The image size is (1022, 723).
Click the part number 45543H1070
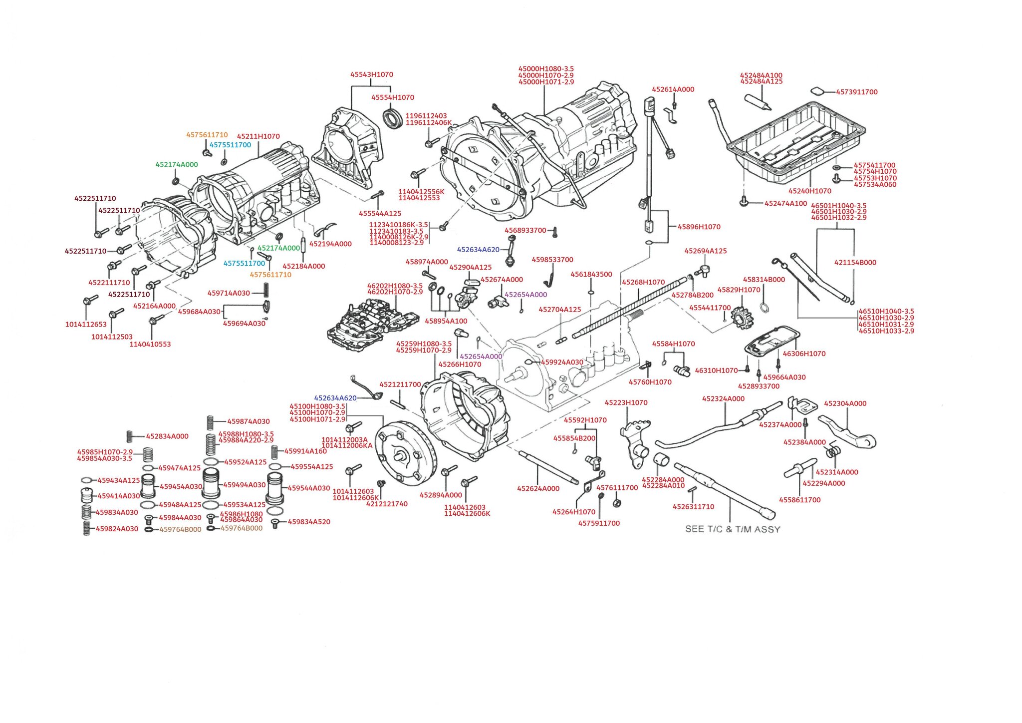click(x=371, y=74)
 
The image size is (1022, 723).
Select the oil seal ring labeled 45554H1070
click(x=393, y=118)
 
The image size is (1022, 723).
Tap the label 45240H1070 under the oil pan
click(x=809, y=191)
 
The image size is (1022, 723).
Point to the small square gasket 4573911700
click(x=817, y=91)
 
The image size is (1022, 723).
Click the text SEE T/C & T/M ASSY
click(x=732, y=529)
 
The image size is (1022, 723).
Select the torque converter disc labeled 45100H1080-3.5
click(x=405, y=454)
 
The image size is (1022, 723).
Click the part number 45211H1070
click(x=258, y=136)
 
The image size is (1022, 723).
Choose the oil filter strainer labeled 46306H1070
click(x=770, y=342)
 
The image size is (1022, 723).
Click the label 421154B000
click(x=855, y=263)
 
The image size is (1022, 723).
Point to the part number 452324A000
click(x=723, y=398)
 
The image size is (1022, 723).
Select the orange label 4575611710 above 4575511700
click(x=207, y=135)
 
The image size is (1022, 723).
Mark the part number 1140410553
click(x=150, y=344)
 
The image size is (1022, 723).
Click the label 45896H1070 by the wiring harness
click(x=699, y=227)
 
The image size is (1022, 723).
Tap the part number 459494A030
click(x=244, y=485)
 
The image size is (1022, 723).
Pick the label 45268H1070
click(x=643, y=282)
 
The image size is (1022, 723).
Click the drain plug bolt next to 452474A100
click(x=744, y=202)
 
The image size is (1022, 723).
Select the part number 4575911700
click(x=599, y=523)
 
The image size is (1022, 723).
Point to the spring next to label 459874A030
click(x=211, y=422)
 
